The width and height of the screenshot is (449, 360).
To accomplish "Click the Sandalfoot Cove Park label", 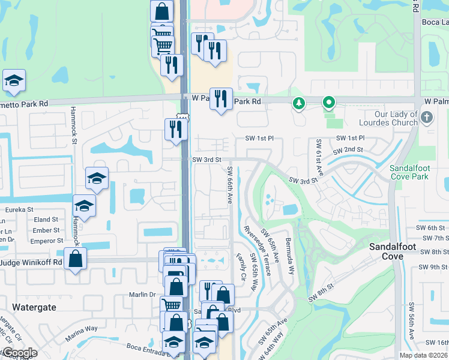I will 409,172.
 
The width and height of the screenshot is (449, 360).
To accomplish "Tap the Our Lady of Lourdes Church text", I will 396,118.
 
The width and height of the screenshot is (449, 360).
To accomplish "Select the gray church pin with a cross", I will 427,116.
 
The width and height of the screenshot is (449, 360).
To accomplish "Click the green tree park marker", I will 298,104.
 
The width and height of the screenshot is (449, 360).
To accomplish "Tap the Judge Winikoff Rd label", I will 31,262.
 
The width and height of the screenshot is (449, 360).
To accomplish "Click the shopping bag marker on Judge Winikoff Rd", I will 75,259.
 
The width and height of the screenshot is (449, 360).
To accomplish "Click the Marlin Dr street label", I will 142,295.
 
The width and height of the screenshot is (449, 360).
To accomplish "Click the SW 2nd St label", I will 350,149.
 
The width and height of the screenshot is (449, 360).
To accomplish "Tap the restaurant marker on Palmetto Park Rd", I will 221,100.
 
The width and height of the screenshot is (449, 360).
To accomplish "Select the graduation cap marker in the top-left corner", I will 13,81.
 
